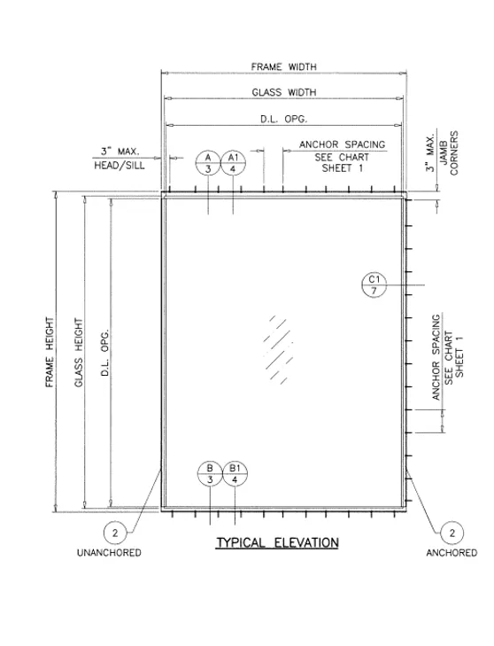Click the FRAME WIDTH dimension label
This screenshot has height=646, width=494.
coord(284,66)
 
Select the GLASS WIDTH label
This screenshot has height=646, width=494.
coord(284,92)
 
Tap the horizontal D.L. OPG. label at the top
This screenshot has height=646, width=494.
coord(283,119)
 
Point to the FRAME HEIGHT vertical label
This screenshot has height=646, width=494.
coord(50,353)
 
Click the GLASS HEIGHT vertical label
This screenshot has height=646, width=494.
coord(79,353)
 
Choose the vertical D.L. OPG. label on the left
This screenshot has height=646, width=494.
coord(105,353)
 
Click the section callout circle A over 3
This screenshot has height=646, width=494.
coord(208,163)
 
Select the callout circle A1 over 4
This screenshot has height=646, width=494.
coord(234,163)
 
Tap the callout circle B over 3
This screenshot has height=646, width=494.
coord(210,474)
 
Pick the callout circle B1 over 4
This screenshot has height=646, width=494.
coord(235,474)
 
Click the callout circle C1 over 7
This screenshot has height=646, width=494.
coord(374,285)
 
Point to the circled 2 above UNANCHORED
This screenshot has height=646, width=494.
coord(115,533)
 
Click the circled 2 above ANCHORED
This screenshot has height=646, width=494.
coord(452,533)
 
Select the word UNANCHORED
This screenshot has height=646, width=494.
coord(109,552)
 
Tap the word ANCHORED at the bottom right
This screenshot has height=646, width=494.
coord(452,552)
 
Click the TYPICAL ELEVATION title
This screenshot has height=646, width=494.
coord(277,542)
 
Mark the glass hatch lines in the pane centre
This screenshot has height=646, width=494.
coord(278,349)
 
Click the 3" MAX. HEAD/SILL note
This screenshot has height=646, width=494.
coord(120,159)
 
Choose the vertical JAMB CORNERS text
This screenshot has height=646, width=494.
coord(449,153)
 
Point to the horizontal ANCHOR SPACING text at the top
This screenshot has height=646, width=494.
coord(342,144)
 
